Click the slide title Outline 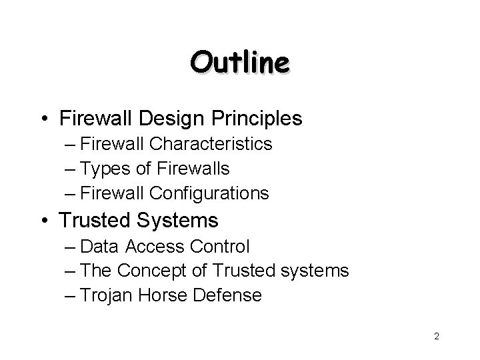point(239,63)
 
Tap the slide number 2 point(436,337)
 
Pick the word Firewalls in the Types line point(195,169)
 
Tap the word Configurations point(209,194)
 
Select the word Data point(99,247)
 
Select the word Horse point(163,295)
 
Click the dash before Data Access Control point(70,247)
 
